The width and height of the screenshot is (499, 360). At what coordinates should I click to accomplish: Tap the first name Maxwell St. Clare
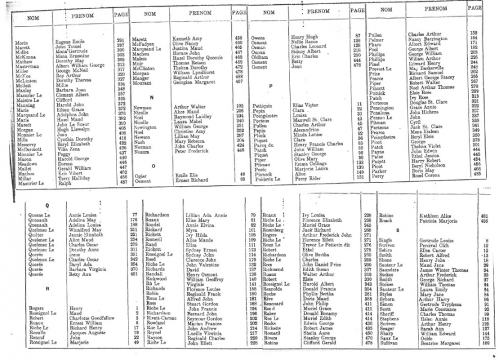click(x=311, y=119)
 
